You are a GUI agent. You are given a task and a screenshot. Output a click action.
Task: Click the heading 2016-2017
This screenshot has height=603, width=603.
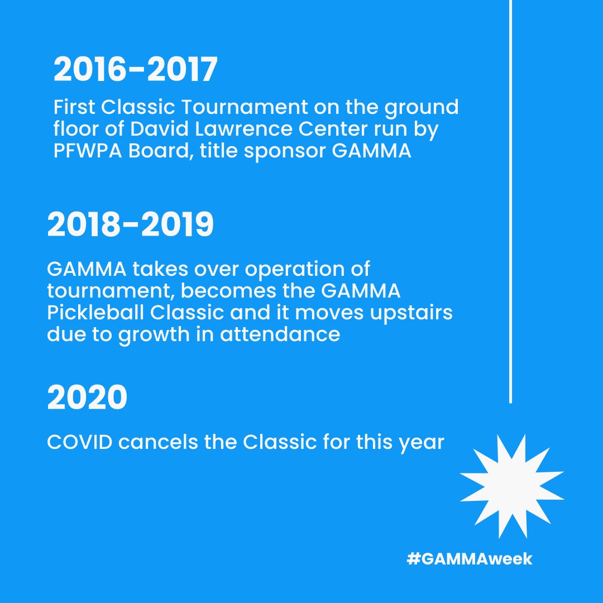pyautogui.click(x=135, y=70)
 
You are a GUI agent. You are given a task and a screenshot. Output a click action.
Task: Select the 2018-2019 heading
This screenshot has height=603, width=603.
pyautogui.click(x=131, y=226)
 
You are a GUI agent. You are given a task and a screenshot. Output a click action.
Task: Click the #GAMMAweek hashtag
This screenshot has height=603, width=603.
pyautogui.click(x=470, y=559)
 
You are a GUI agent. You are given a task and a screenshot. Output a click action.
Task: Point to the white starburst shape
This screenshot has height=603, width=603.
pyautogui.click(x=511, y=486)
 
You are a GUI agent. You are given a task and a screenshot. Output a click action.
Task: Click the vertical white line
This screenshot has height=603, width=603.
pyautogui.click(x=511, y=201)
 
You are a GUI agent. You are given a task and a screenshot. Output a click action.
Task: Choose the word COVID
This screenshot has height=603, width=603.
pyautogui.click(x=79, y=442)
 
